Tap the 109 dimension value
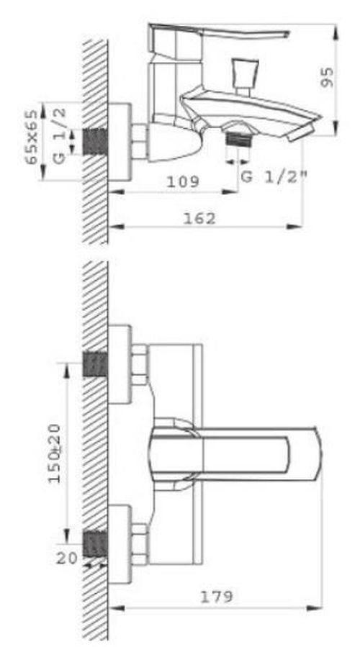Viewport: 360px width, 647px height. pos(183,182)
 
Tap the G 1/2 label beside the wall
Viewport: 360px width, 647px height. pos(61,135)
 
